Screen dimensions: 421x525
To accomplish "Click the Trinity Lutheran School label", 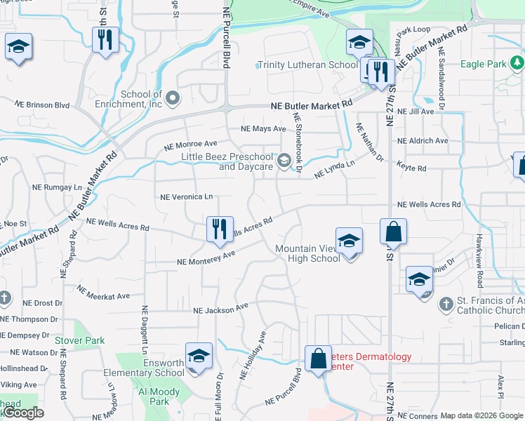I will click(x=307, y=65).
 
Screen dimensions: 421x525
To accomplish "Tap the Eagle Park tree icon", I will click(x=517, y=64).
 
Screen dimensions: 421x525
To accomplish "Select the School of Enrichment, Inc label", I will click(x=141, y=100).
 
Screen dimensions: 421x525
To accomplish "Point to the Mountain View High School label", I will click(x=307, y=253).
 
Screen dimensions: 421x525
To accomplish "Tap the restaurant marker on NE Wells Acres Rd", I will click(x=219, y=229).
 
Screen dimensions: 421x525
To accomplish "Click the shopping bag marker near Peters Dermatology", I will click(x=318, y=359).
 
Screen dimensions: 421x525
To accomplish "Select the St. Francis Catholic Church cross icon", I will click(x=445, y=305).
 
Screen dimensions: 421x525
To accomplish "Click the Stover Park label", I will click(x=80, y=341).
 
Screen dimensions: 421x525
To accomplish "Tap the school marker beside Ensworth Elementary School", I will click(x=199, y=355).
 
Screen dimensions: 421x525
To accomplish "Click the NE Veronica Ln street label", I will click(x=187, y=197).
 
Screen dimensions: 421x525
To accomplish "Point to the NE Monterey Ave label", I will click(x=205, y=260).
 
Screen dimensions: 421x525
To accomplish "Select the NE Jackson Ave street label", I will click(x=221, y=309).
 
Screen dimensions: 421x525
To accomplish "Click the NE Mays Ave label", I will click(x=263, y=129).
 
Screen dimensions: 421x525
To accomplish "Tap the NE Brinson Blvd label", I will click(x=42, y=105).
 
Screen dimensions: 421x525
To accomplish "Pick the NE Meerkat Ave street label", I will click(x=103, y=293).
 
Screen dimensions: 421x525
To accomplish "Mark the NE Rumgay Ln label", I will click(x=57, y=187).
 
